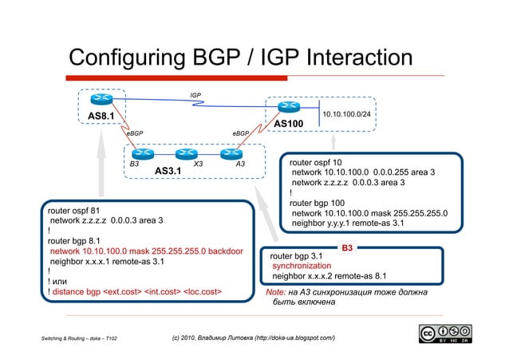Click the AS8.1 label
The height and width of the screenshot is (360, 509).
[101, 117]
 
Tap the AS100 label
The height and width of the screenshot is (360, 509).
[289, 125]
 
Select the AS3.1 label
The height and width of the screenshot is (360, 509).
[168, 171]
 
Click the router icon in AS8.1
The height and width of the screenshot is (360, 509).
[101, 99]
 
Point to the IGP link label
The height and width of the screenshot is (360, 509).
[195, 96]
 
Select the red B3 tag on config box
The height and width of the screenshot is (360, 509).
[348, 248]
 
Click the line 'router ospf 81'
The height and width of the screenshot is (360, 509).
[73, 209]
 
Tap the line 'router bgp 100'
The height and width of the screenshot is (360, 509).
[317, 203]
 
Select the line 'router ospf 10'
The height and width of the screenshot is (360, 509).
[315, 162]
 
